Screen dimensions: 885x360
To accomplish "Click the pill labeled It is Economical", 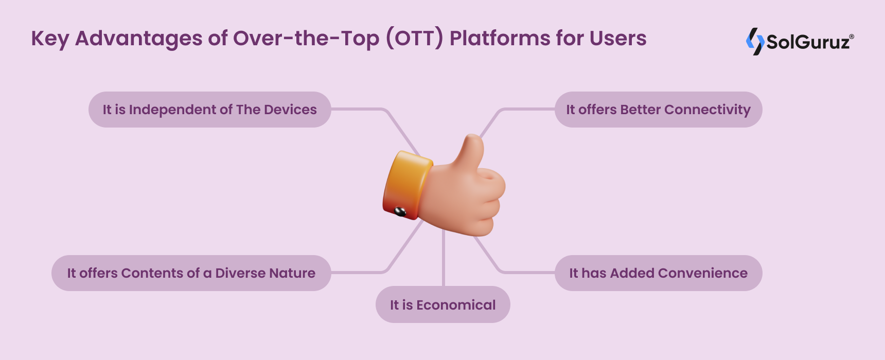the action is click(443, 304).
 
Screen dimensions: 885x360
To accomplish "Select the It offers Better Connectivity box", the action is click(659, 110).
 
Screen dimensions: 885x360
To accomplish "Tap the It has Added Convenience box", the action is click(659, 273).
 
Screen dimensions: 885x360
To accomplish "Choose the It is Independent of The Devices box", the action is click(210, 110).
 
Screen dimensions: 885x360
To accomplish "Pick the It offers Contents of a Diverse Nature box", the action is click(191, 273).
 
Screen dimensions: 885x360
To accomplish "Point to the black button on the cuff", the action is click(400, 211).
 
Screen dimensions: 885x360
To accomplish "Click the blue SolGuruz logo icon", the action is click(755, 41).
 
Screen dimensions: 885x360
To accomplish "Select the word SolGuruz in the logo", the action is click(808, 42).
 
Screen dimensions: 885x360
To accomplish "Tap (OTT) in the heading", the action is click(414, 39).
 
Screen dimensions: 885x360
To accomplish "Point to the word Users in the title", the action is click(618, 39).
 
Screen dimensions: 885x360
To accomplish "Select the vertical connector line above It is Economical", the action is click(444, 258).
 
